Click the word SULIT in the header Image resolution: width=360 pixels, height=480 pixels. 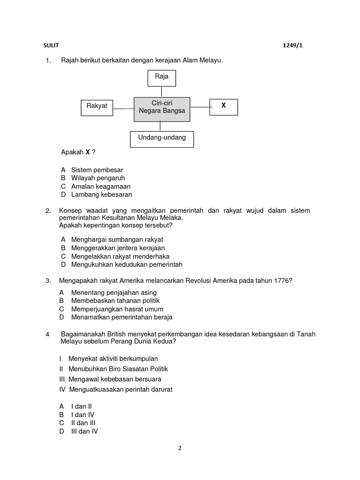[x=49, y=45]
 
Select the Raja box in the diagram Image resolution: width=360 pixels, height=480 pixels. [x=161, y=78]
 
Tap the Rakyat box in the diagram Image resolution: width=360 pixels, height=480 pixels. [x=97, y=106]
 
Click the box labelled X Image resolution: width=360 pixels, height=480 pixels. [x=224, y=106]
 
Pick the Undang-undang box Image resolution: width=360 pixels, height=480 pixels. [x=162, y=138]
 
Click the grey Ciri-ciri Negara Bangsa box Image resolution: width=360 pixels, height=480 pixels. [x=162, y=109]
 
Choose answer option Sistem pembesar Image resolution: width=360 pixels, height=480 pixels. [x=97, y=170]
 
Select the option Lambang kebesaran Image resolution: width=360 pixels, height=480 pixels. [x=101, y=195]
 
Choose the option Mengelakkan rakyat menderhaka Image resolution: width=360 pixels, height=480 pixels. [x=120, y=256]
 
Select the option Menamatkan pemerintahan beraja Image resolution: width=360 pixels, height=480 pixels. [x=122, y=317]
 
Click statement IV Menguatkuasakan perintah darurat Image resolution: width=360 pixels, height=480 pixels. [x=120, y=390]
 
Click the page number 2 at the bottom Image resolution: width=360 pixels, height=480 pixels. [x=180, y=448]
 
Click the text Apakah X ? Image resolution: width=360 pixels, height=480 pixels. [x=78, y=153]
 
